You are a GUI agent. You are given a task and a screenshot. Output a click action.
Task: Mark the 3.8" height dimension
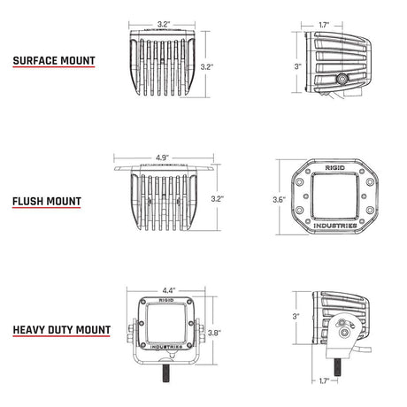[x=212, y=334]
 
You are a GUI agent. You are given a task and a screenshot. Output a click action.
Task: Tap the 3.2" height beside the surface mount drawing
[x=205, y=65]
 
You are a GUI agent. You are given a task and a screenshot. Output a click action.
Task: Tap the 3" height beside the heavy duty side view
[x=298, y=316]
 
